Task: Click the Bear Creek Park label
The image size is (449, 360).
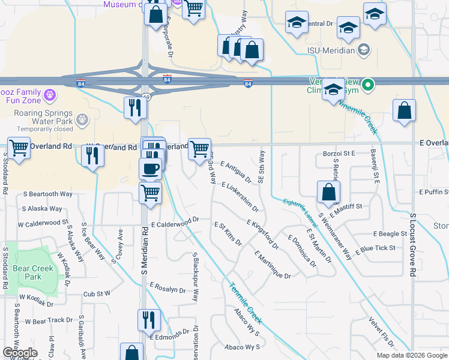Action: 29,272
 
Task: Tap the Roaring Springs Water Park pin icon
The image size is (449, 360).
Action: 83,120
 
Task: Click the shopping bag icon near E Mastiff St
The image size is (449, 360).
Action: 328,193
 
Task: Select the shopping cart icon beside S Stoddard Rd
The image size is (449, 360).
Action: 19,148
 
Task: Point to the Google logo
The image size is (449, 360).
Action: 20,353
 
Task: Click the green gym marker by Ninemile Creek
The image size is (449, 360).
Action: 370,85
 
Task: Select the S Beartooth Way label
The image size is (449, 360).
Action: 48,194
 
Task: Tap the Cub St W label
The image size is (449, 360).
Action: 97,294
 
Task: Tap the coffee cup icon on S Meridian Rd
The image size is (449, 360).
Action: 150,168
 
